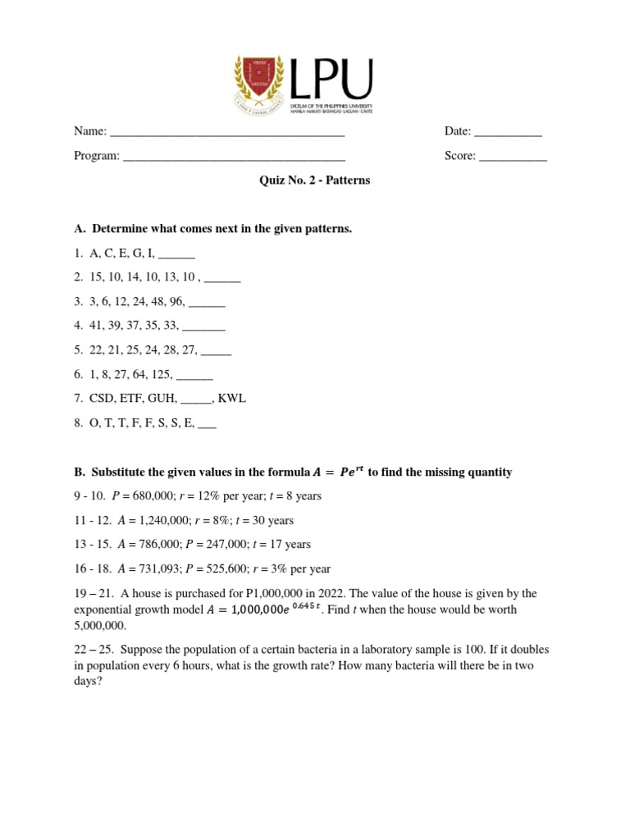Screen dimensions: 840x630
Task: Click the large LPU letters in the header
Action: point(332,79)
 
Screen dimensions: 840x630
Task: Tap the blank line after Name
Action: point(227,132)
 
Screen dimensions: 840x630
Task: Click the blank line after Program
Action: point(234,156)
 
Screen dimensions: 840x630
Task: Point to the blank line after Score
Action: point(513,156)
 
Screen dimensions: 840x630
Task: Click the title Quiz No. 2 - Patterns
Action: point(315,180)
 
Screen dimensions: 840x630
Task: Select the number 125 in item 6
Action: point(162,374)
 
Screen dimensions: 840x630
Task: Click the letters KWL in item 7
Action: point(231,399)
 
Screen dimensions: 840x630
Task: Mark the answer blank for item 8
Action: point(208,423)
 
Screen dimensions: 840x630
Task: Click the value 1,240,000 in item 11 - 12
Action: point(154,520)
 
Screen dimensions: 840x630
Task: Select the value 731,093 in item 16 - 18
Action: point(150,568)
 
